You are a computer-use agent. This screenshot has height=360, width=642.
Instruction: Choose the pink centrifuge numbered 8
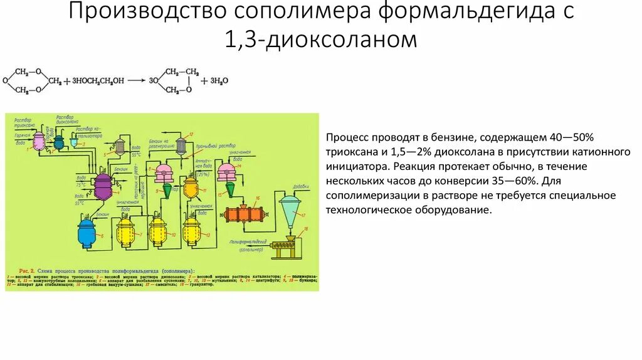(164, 171)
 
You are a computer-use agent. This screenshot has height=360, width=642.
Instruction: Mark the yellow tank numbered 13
(191, 231)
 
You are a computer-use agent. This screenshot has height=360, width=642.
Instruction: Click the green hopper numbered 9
(167, 189)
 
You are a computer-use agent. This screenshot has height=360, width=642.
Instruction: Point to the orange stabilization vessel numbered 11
(191, 186)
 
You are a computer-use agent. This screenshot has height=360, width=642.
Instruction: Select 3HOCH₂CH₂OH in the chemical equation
(93, 81)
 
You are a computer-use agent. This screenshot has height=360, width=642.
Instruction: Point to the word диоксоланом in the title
(342, 40)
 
